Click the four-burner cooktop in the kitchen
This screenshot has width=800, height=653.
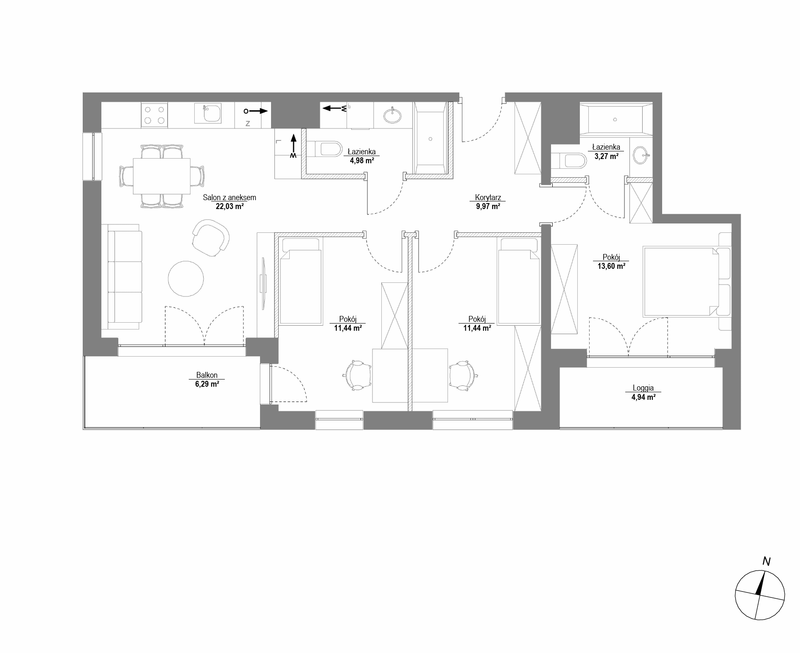coord(154,114)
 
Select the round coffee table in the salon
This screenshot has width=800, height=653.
coord(186,279)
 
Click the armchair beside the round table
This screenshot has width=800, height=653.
coord(210,237)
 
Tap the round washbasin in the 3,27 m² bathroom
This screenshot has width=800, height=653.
coord(641,155)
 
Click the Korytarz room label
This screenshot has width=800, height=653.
coord(488,198)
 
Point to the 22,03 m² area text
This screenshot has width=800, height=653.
coord(229,207)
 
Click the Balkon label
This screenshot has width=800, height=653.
coord(207,375)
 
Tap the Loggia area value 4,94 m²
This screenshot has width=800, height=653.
coord(643,397)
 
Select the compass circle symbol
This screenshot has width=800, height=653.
coord(760,595)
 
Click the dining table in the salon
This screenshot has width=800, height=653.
coord(162,176)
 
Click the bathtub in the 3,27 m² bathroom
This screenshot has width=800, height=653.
coord(615,119)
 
